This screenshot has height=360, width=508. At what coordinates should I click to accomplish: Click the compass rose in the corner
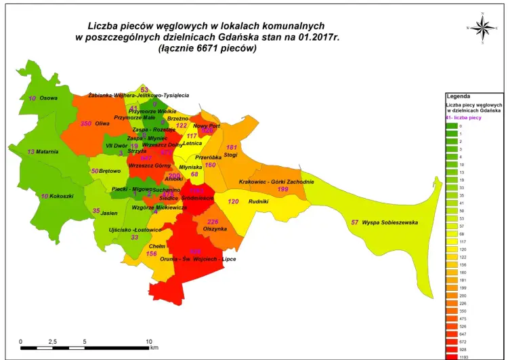482,27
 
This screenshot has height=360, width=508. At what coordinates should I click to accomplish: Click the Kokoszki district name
62,196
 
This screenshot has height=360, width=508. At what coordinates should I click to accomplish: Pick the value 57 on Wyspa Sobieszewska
355,222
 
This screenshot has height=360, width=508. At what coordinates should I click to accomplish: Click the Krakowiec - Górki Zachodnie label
276,182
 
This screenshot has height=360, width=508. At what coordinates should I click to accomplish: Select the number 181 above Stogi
232,147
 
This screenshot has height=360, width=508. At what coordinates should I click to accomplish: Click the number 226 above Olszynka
213,222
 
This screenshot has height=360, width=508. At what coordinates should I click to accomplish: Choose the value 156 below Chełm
152,254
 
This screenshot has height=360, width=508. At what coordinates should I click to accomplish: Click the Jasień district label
109,212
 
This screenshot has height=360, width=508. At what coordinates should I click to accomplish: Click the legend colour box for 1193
452,357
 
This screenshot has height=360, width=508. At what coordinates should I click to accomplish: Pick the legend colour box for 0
452,126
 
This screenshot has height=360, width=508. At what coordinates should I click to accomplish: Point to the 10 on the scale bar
148,341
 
